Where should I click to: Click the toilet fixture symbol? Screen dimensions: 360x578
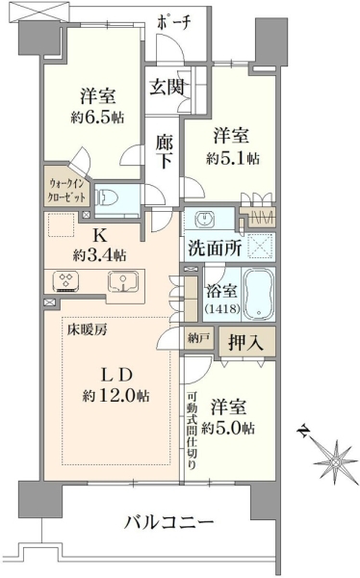(x=108, y=198)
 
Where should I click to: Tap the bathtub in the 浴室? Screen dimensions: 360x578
(x=258, y=294)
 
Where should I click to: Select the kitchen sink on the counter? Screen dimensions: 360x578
(x=123, y=282)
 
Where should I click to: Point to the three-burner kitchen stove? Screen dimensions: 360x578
(x=66, y=281)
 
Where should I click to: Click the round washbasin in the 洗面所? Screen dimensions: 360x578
(x=203, y=220)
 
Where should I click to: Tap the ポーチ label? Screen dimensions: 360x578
(x=174, y=23)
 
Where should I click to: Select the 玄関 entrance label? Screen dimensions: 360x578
(x=167, y=87)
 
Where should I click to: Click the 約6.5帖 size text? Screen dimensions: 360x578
(x=97, y=118)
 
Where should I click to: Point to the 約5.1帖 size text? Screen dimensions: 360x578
(x=233, y=158)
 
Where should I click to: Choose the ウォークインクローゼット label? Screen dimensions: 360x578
(x=67, y=191)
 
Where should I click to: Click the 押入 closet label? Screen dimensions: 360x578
(x=245, y=342)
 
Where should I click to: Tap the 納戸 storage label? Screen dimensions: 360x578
(x=198, y=338)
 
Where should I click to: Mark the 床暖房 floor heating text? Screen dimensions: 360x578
(x=87, y=329)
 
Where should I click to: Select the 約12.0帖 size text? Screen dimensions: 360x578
(x=116, y=396)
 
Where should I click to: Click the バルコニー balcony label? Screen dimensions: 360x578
(x=169, y=521)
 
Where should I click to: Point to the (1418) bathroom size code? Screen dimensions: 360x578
(x=223, y=308)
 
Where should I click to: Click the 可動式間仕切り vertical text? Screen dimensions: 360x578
(x=192, y=431)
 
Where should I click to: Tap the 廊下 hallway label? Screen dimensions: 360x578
(x=164, y=151)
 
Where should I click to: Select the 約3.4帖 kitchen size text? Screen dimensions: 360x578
(x=99, y=254)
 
